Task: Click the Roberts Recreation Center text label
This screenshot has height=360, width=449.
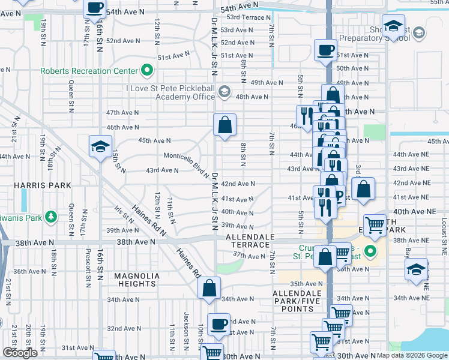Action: click(89, 71)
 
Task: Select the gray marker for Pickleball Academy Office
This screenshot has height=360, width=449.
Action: click(224, 92)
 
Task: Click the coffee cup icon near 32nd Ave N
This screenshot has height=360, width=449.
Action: click(218, 324)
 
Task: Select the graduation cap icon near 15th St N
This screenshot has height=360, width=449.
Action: click(100, 146)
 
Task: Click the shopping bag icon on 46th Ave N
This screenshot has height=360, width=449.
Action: click(224, 125)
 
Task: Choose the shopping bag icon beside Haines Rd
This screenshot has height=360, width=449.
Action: click(209, 287)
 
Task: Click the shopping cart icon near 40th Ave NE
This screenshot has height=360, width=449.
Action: click(375, 225)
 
